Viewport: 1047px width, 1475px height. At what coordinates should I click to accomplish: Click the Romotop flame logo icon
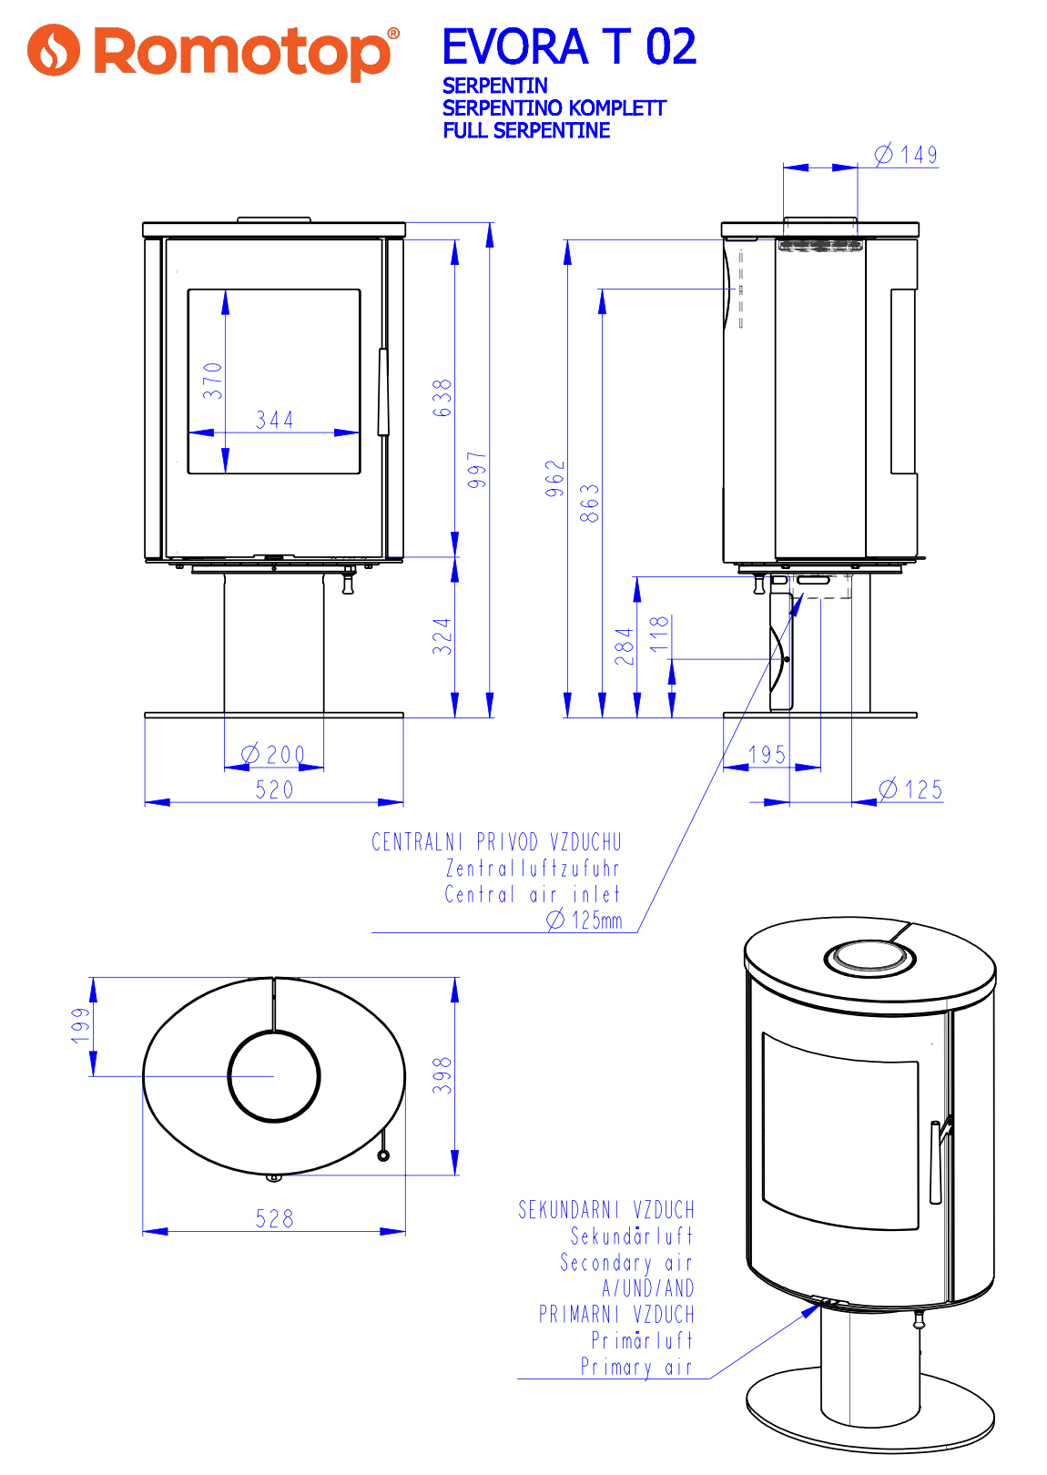coord(54,50)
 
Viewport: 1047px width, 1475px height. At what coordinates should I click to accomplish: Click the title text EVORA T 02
coord(569,46)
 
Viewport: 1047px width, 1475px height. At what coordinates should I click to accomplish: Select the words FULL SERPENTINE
coord(526,130)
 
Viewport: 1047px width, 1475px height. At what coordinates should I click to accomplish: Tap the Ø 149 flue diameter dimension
coord(907,155)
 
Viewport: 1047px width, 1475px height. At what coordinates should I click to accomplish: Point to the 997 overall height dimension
coord(477,470)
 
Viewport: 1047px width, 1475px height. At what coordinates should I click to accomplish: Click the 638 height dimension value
coord(442,398)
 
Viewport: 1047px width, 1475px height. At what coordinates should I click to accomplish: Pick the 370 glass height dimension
coord(212,381)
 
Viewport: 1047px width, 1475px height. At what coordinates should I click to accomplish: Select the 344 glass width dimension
coord(274,420)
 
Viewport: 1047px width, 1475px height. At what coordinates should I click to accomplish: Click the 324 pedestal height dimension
coord(442,636)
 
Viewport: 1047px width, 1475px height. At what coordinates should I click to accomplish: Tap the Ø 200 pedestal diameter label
coord(273,755)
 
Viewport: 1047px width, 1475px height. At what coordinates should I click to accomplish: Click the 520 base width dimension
coord(274,789)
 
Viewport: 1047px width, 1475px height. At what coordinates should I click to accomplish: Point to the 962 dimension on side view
coord(555,479)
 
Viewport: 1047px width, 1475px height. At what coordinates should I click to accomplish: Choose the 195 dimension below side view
coord(767,755)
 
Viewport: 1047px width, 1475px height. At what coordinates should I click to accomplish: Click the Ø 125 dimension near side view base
coord(911,789)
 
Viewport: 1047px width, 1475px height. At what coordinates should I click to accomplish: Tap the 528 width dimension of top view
coord(274,1218)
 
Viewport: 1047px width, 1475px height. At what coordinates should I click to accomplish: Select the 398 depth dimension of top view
coord(442,1075)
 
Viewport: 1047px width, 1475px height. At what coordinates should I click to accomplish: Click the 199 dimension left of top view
coord(81,1025)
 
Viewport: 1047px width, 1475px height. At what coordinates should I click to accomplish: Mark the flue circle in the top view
coord(273,1076)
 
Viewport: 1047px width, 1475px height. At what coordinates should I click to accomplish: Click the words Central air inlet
coord(532,894)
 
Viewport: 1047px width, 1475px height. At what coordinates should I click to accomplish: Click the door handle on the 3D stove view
coord(936,1161)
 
